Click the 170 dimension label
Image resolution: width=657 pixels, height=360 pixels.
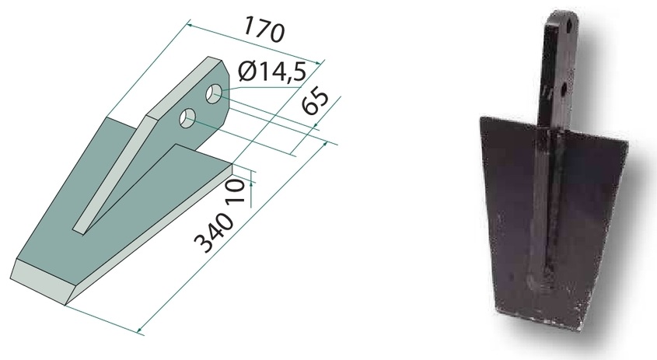coord(264,30)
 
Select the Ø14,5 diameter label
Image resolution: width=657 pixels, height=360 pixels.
coord(272,72)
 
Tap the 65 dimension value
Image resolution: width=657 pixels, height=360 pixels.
coord(315,103)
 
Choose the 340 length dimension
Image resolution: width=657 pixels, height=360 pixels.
coord(214,233)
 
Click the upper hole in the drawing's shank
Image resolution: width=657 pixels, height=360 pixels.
coord(214,93)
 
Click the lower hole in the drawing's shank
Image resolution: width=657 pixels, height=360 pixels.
coord(187,117)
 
